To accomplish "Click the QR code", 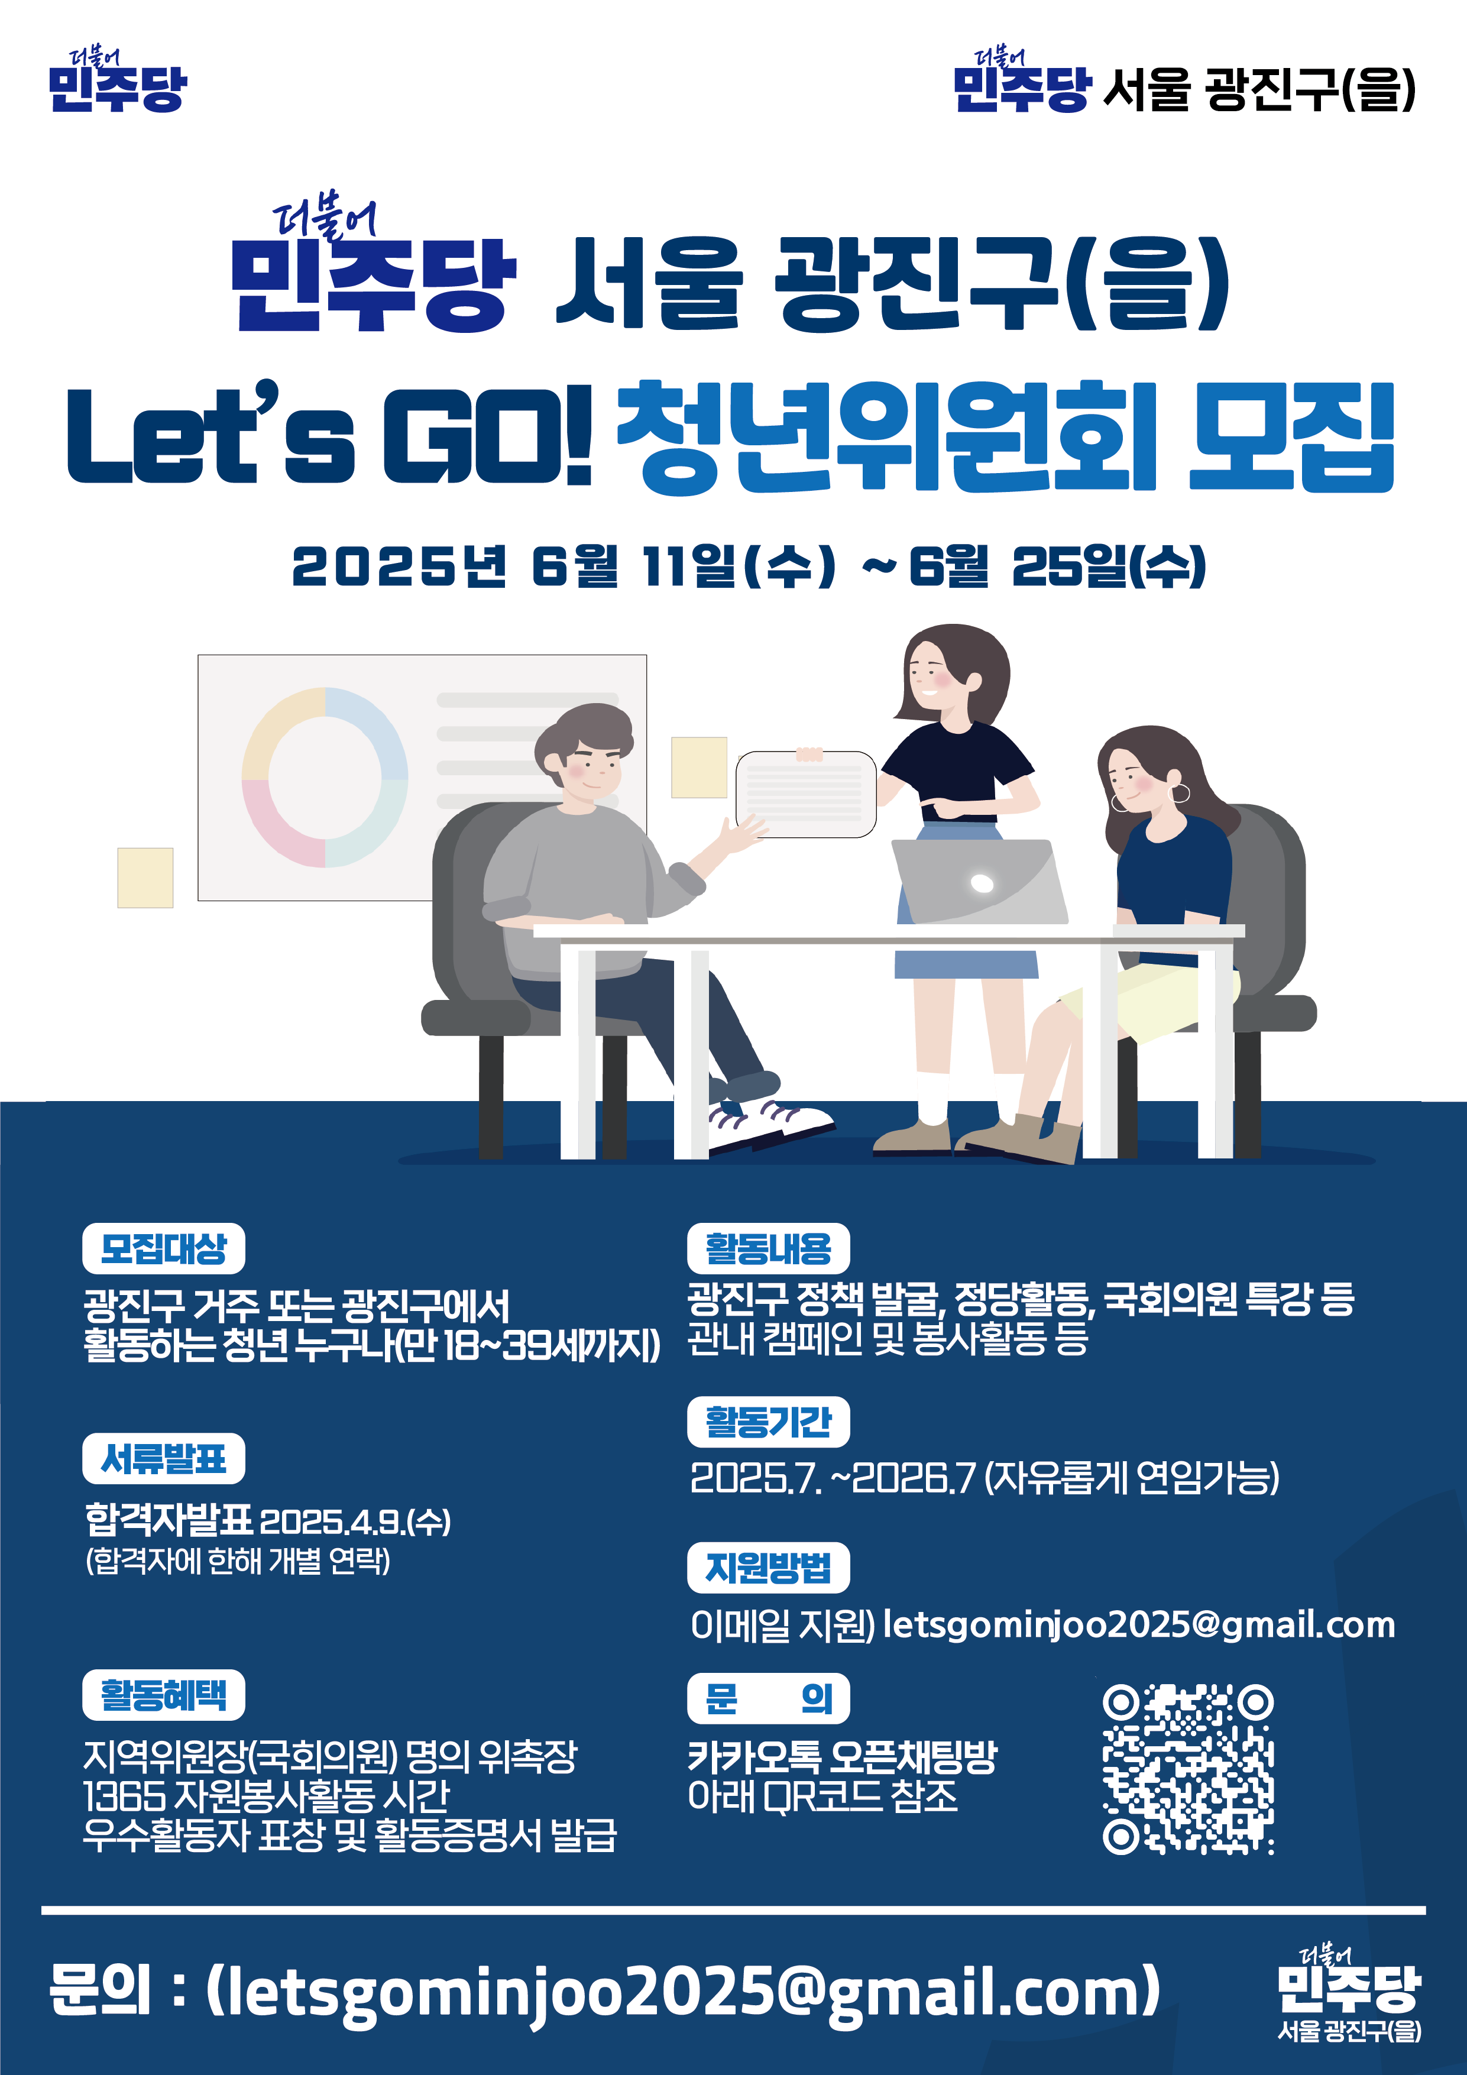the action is tap(1188, 1769).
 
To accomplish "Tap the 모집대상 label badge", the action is tap(164, 1248).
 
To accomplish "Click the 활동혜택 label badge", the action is tap(164, 1695).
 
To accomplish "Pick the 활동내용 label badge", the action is tap(768, 1248).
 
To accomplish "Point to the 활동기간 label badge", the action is tap(768, 1422).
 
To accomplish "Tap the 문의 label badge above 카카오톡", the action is tap(768, 1698).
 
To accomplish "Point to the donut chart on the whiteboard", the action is tap(325, 777).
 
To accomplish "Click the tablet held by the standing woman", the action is tap(805, 794).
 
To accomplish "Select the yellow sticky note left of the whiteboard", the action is tap(145, 878).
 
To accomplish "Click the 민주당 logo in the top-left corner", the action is tap(118, 82).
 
